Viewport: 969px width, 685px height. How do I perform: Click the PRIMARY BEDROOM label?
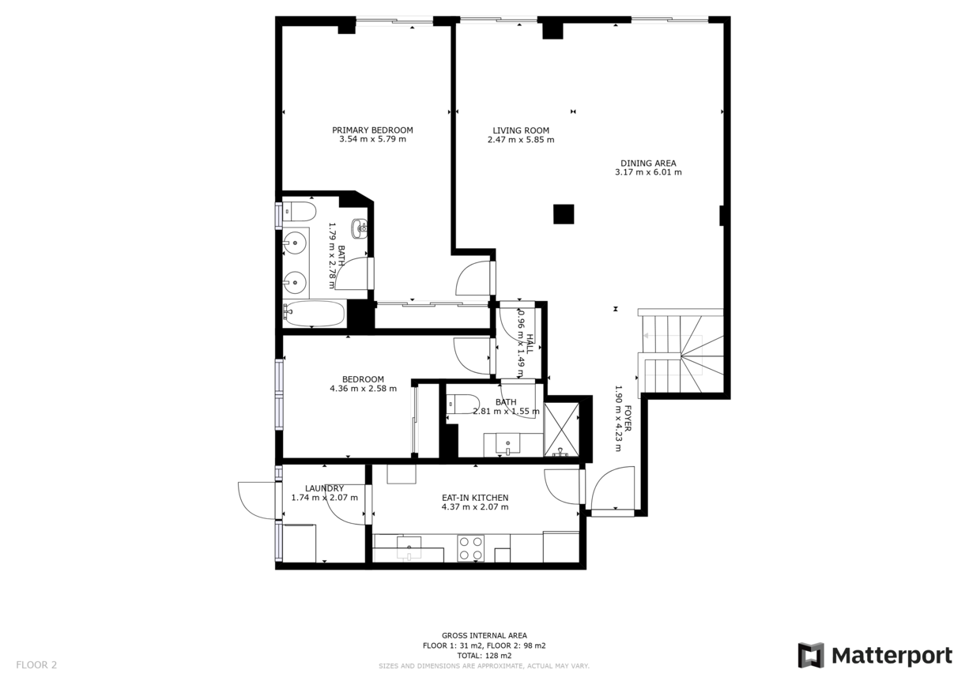click(x=372, y=130)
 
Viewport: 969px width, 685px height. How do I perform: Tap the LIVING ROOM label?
click(x=521, y=130)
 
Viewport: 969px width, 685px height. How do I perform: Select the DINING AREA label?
click(x=648, y=164)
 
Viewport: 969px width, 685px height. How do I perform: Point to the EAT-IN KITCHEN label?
click(x=475, y=498)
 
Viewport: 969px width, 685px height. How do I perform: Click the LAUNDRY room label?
click(x=324, y=488)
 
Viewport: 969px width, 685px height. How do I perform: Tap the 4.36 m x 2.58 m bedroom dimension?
click(x=364, y=389)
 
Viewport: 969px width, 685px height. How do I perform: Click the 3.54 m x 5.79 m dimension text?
click(x=372, y=139)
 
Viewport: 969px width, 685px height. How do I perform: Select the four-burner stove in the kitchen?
click(x=470, y=548)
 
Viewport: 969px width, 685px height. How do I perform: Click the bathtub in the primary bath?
click(x=315, y=314)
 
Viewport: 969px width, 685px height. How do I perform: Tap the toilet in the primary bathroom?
click(x=300, y=212)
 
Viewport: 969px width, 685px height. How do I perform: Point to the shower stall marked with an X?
click(x=561, y=429)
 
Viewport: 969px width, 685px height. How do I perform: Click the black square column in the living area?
click(x=564, y=214)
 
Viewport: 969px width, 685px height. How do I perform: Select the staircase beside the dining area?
click(x=681, y=352)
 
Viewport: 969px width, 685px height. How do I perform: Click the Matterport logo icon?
click(x=811, y=655)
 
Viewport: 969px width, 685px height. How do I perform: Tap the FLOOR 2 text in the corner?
click(x=36, y=664)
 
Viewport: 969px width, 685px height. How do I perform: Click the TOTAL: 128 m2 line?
click(x=484, y=655)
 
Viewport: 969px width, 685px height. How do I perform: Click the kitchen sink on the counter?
click(x=409, y=548)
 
